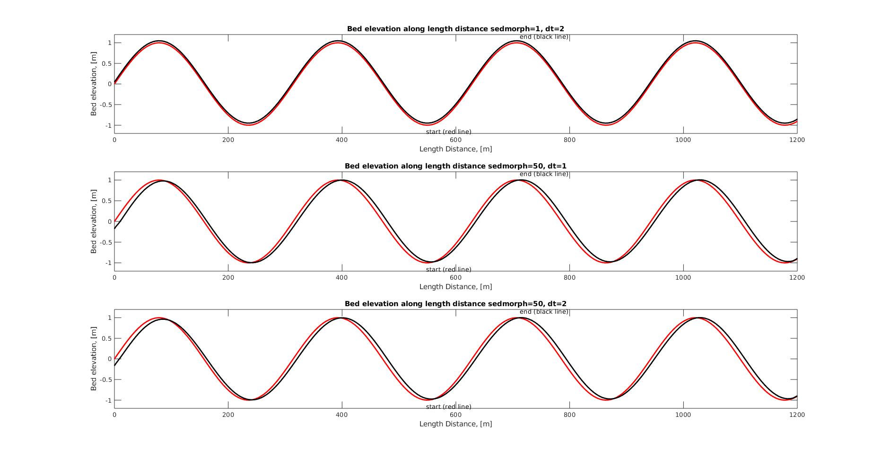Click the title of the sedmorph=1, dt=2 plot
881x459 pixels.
pyautogui.click(x=455, y=29)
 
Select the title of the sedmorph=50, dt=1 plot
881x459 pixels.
pyautogui.click(x=455, y=166)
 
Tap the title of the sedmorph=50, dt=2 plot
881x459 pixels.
pyautogui.click(x=455, y=304)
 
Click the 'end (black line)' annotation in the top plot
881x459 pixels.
pyautogui.click(x=544, y=37)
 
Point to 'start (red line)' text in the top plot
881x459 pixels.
pyautogui.click(x=448, y=132)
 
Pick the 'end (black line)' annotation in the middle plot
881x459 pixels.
pyautogui.click(x=544, y=174)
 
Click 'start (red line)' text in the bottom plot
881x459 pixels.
pyautogui.click(x=448, y=407)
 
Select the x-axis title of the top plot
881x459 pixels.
pyautogui.click(x=455, y=149)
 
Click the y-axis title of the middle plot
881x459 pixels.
pyautogui.click(x=94, y=221)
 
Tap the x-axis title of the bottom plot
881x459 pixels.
pyautogui.click(x=455, y=424)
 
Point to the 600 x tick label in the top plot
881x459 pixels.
pyautogui.click(x=455, y=140)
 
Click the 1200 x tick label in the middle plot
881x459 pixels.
pyautogui.click(x=797, y=278)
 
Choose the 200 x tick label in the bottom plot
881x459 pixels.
pyautogui.click(x=228, y=415)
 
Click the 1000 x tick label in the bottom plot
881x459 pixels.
pyautogui.click(x=683, y=415)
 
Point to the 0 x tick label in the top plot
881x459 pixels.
pyautogui.click(x=114, y=140)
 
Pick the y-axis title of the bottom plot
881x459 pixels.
pyautogui.click(x=94, y=359)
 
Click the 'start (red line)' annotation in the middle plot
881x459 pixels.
pyautogui.click(x=448, y=270)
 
